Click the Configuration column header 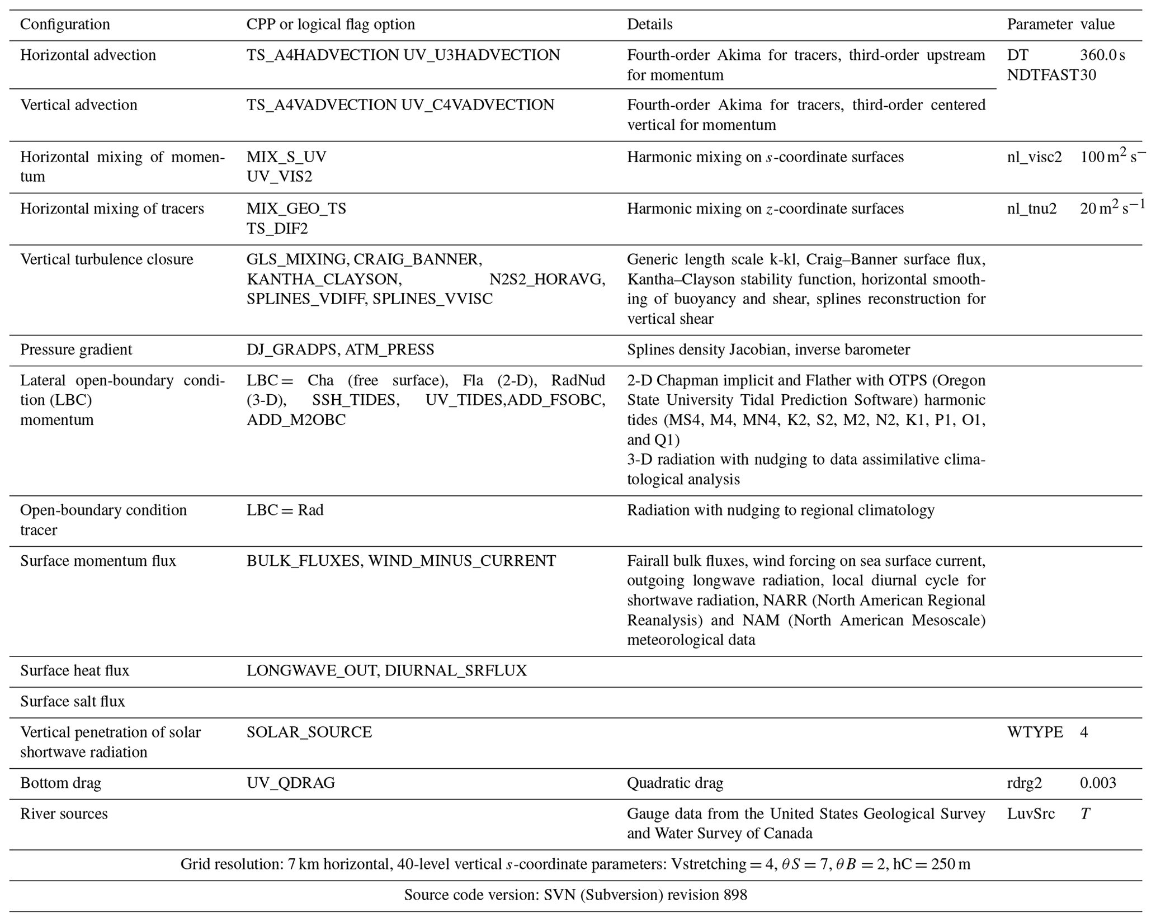click(65, 25)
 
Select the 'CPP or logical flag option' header click(331, 25)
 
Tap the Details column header click(649, 25)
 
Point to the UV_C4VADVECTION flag click(478, 105)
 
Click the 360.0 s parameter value click(1102, 55)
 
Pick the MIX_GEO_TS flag click(296, 209)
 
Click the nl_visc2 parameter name click(1034, 157)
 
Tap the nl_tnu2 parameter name click(1032, 209)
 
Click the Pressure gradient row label click(76, 350)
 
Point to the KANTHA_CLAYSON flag click(323, 279)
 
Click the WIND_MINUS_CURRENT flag click(462, 561)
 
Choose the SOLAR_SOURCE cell click(309, 732)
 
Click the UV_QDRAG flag click(291, 783)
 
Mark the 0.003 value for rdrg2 click(1098, 783)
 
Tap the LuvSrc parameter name click(1031, 814)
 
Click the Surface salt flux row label click(73, 702)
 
